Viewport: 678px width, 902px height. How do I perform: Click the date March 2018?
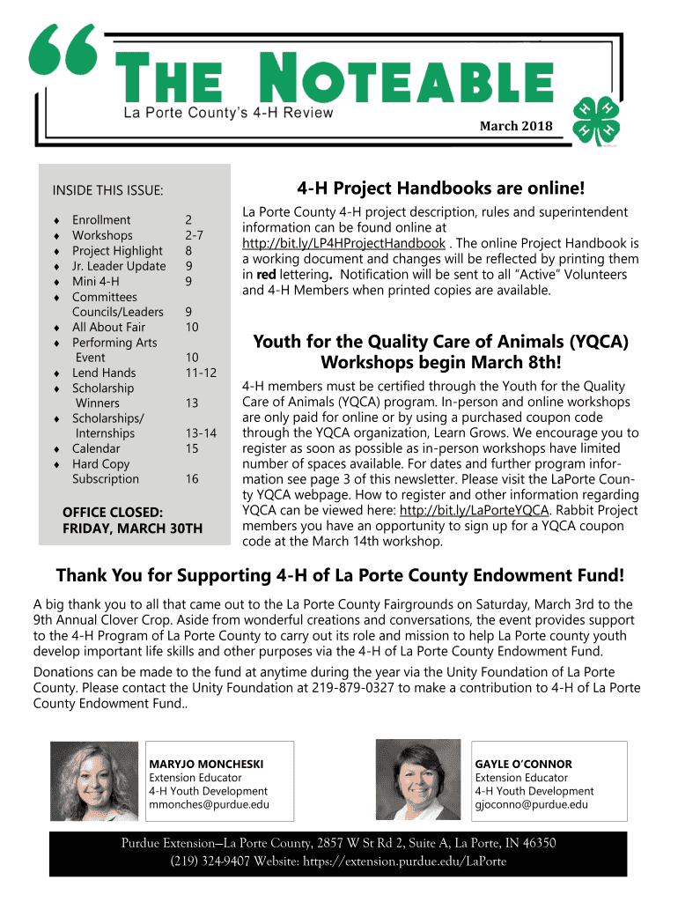tap(515, 127)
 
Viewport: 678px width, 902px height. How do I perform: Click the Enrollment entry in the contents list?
tap(101, 220)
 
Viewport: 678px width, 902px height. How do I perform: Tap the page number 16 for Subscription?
tap(191, 479)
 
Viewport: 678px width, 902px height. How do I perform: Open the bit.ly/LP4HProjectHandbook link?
tap(343, 243)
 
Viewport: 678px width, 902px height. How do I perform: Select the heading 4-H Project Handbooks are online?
tap(440, 189)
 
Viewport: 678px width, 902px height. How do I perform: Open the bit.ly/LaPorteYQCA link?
tap(475, 510)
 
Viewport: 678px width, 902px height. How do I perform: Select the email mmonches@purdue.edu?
tap(210, 804)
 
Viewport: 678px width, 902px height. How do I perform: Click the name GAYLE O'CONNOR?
tap(523, 764)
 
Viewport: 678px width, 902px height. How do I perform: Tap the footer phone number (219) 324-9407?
tap(211, 861)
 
